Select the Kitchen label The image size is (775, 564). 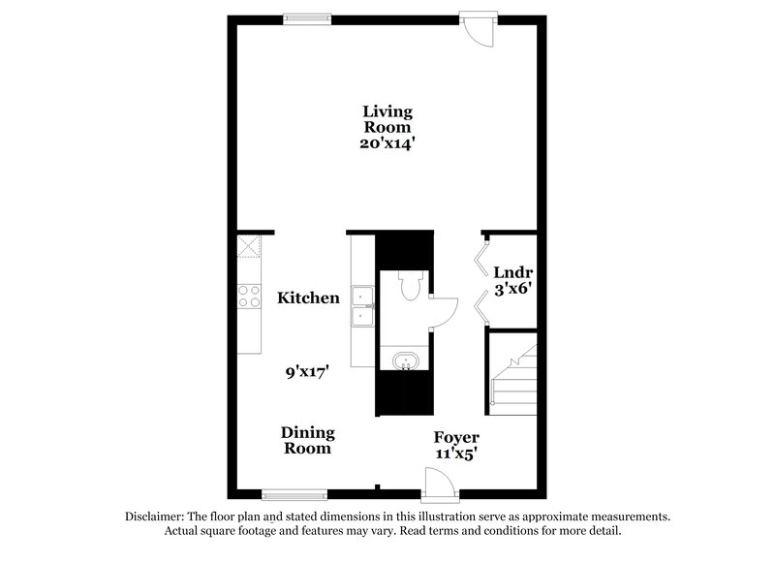click(x=308, y=298)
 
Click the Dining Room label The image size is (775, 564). click(x=308, y=440)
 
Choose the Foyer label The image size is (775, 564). click(x=455, y=437)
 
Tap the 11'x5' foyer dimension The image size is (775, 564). click(x=455, y=453)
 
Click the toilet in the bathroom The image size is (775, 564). click(x=408, y=284)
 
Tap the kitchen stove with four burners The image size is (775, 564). click(x=249, y=296)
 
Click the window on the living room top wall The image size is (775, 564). click(x=307, y=16)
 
